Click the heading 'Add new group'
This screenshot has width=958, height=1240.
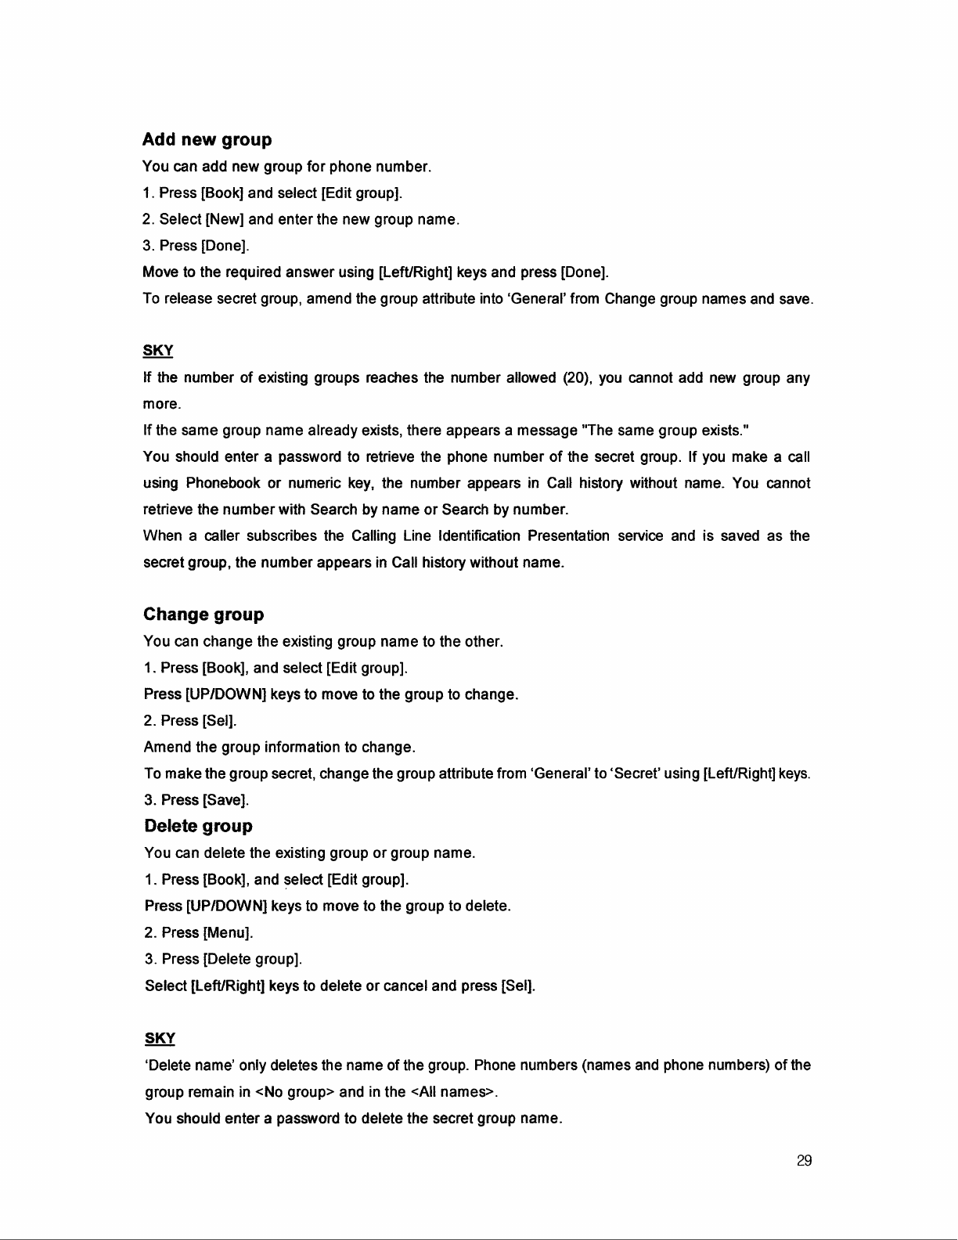(x=207, y=140)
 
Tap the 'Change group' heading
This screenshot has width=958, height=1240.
(x=203, y=615)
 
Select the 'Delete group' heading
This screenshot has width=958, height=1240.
(x=199, y=826)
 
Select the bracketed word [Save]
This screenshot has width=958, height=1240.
(x=225, y=800)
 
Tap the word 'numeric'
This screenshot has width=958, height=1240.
(x=319, y=484)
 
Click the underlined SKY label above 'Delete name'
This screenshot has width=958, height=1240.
(x=160, y=1039)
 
